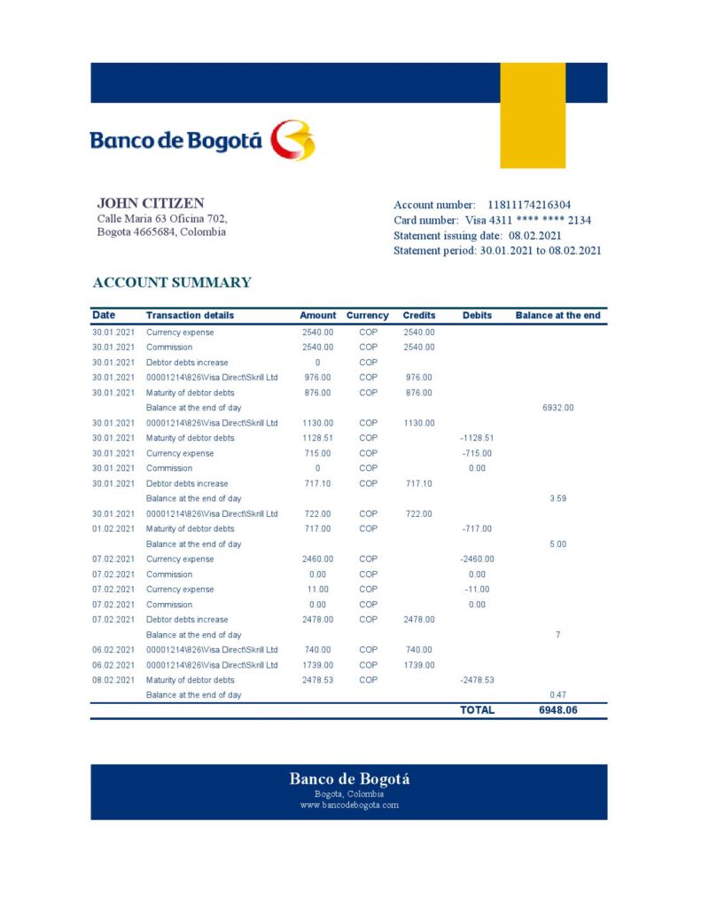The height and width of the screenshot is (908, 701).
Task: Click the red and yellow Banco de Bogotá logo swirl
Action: click(292, 140)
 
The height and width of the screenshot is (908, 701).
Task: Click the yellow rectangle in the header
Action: click(533, 115)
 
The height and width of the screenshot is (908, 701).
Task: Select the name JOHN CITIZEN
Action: click(151, 203)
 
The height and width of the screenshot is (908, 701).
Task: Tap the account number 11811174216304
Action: click(529, 205)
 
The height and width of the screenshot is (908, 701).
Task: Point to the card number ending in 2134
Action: click(528, 220)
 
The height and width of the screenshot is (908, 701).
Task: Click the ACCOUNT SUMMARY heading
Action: click(172, 283)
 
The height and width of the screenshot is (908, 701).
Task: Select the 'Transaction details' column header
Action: click(190, 316)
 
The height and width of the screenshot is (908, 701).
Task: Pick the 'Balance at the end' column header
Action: click(557, 316)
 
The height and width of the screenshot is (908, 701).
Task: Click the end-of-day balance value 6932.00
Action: click(557, 408)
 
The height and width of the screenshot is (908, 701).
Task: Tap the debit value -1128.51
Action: click(477, 438)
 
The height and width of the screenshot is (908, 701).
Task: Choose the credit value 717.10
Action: click(418, 483)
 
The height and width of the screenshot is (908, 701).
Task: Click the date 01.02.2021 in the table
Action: click(113, 528)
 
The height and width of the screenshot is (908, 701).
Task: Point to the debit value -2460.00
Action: click(477, 560)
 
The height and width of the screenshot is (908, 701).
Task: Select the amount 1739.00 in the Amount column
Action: click(317, 665)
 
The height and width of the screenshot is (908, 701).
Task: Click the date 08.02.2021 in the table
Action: click(113, 680)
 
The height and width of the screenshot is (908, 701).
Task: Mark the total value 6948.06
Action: click(557, 710)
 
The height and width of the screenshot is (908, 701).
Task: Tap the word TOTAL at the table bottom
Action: click(477, 710)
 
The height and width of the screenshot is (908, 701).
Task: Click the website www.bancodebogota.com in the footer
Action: click(349, 805)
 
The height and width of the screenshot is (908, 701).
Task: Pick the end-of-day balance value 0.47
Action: click(557, 695)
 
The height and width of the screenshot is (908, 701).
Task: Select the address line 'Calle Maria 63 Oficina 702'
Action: click(162, 218)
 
